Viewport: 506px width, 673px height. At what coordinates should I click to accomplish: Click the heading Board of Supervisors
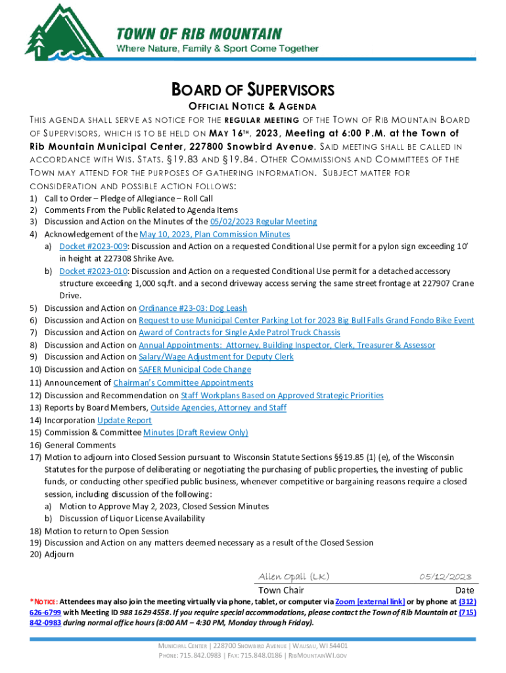(x=253, y=90)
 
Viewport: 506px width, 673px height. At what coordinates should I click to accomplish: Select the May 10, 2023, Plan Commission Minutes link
(x=215, y=235)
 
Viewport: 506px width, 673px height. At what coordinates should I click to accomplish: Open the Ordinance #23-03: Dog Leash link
(x=193, y=308)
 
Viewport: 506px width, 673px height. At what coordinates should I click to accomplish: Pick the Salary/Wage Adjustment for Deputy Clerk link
(x=216, y=357)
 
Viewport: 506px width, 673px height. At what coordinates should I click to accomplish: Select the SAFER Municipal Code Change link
(x=195, y=369)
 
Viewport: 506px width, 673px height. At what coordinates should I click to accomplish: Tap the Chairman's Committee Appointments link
(x=183, y=383)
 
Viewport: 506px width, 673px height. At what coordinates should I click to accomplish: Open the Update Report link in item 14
(x=124, y=421)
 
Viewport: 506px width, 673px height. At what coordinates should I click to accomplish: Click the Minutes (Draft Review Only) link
(x=196, y=432)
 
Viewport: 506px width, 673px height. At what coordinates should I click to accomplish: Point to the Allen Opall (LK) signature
(x=294, y=576)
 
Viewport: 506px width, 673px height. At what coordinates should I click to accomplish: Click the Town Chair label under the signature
(x=281, y=590)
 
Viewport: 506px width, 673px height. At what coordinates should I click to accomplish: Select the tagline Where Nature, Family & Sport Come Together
(x=218, y=49)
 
